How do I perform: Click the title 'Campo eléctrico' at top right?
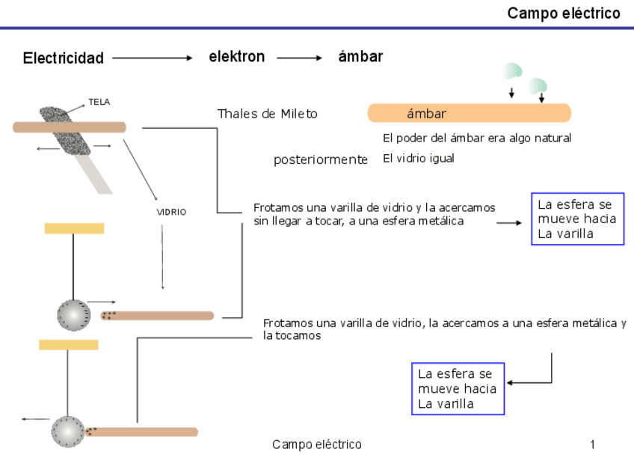563,13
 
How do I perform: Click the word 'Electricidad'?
64,58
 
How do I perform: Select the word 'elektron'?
236,57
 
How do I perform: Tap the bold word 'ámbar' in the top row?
360,57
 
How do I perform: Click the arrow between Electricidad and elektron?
153,58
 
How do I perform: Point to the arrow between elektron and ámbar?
299,58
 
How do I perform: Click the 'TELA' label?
99,102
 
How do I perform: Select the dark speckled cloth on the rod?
64,131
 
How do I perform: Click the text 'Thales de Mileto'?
267,114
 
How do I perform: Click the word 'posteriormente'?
321,159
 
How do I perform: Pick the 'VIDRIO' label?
171,212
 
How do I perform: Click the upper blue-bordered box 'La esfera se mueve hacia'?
577,219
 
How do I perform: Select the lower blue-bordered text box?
458,388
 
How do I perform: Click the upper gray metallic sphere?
73,315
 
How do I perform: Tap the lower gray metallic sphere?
67,432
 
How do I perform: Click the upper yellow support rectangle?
74,228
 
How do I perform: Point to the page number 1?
592,445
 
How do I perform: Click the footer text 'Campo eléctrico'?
316,445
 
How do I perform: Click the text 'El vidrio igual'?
418,159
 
